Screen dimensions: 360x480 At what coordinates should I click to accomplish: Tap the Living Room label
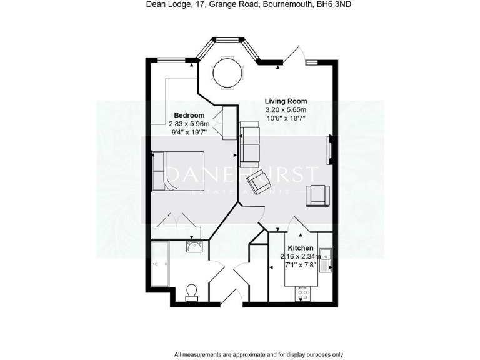pos(286,101)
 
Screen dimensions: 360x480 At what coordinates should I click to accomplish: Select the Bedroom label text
pos(189,115)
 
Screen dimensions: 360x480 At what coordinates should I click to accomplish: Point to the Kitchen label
pos(300,248)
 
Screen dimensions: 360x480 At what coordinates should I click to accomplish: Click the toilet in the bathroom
pos(192,291)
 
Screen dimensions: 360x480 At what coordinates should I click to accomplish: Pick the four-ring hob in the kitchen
pos(302,293)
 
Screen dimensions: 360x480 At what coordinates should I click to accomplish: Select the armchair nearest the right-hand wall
pos(316,196)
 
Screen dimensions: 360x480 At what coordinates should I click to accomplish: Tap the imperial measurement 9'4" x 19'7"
pos(189,132)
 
